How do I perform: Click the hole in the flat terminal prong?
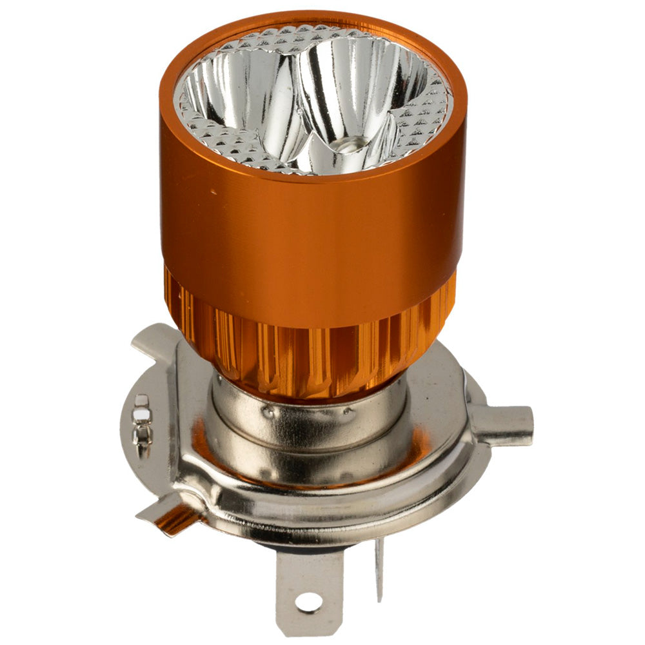(x=309, y=601)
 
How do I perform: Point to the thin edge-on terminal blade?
(x=379, y=568)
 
